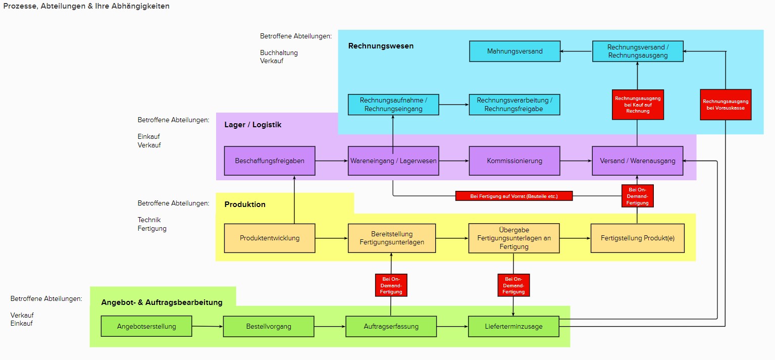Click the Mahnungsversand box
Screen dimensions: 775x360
coord(515,51)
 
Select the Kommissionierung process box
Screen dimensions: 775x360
coord(514,161)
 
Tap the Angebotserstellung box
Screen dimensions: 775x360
coord(146,326)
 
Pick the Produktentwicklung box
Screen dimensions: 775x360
coord(270,238)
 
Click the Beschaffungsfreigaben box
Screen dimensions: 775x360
coord(270,161)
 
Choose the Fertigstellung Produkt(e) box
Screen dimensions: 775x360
coord(638,238)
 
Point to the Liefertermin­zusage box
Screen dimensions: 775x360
coord(513,326)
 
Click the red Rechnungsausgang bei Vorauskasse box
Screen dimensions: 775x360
coord(726,105)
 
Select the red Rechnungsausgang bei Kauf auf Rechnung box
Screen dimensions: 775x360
coord(638,105)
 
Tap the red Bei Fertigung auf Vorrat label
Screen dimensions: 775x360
coord(514,196)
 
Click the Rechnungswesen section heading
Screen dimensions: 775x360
coord(381,46)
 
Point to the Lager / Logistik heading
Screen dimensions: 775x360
coord(252,125)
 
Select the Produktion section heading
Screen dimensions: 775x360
coord(245,204)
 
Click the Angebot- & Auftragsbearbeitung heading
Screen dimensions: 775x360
coord(162,302)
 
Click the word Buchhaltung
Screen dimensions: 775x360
coord(279,53)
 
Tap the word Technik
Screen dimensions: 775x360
coord(149,220)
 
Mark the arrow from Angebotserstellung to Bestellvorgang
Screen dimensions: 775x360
coord(208,326)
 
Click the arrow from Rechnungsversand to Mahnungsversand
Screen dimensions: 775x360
coord(577,51)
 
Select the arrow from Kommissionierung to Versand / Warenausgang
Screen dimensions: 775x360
coord(576,161)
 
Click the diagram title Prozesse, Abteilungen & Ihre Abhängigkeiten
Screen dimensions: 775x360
coord(86,6)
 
